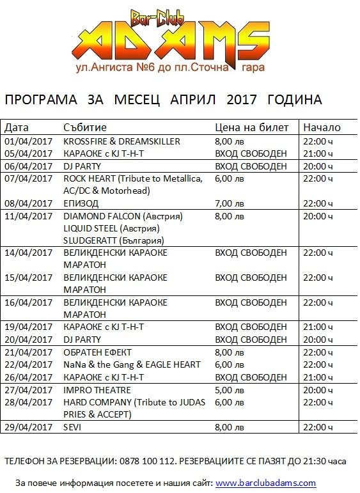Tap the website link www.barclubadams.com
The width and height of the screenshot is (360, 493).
[x=265, y=483]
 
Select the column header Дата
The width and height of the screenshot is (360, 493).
[x=17, y=128]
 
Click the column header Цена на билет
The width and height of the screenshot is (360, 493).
[x=252, y=128]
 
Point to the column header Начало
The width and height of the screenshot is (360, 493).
[x=322, y=128]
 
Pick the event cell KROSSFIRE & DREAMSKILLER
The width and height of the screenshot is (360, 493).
[x=121, y=141]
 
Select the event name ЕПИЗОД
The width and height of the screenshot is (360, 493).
[x=81, y=203]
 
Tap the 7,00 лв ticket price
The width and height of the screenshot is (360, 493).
[x=230, y=203]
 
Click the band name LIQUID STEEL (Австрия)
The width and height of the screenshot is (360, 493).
[x=111, y=228]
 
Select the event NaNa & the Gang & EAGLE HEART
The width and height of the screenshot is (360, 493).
[x=132, y=364]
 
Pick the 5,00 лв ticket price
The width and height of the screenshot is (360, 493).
[x=230, y=390]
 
